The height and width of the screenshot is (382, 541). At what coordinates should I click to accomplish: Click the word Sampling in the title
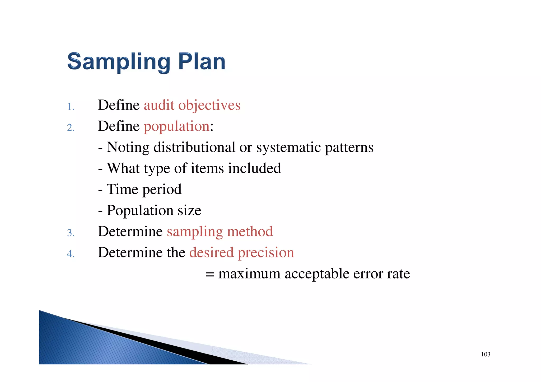click(119, 62)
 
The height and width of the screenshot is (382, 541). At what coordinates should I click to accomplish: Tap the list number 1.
click(71, 107)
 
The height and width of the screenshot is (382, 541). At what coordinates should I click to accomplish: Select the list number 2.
click(71, 128)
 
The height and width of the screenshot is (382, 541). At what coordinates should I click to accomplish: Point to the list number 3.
click(71, 233)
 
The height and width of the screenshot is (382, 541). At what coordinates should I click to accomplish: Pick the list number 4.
click(71, 254)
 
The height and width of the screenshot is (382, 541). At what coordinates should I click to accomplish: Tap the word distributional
click(194, 147)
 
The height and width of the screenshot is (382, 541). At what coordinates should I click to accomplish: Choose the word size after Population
click(189, 210)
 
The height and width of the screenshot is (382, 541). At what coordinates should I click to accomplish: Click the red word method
click(250, 232)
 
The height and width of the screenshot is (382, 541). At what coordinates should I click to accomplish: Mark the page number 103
click(486, 354)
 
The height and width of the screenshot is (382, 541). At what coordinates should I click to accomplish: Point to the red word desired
click(211, 252)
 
